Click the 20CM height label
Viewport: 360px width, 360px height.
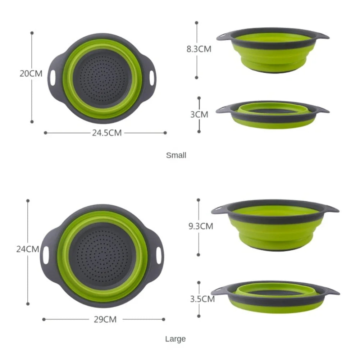[x=31, y=74]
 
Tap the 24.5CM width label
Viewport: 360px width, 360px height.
[x=107, y=133]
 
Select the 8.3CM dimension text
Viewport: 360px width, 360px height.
[x=199, y=49]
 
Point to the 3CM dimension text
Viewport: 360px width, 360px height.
[x=199, y=114]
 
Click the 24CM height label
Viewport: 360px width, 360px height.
[x=28, y=249]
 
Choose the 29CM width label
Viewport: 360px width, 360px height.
[x=105, y=319]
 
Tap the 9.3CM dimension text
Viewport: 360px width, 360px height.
[x=201, y=226]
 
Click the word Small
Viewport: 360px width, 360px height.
[x=176, y=155]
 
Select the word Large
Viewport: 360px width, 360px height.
[x=176, y=339]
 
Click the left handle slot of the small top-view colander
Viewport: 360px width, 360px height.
[x=53, y=78]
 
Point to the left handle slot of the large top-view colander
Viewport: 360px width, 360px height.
[x=46, y=255]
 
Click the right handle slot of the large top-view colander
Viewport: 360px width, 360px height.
[x=158, y=255]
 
